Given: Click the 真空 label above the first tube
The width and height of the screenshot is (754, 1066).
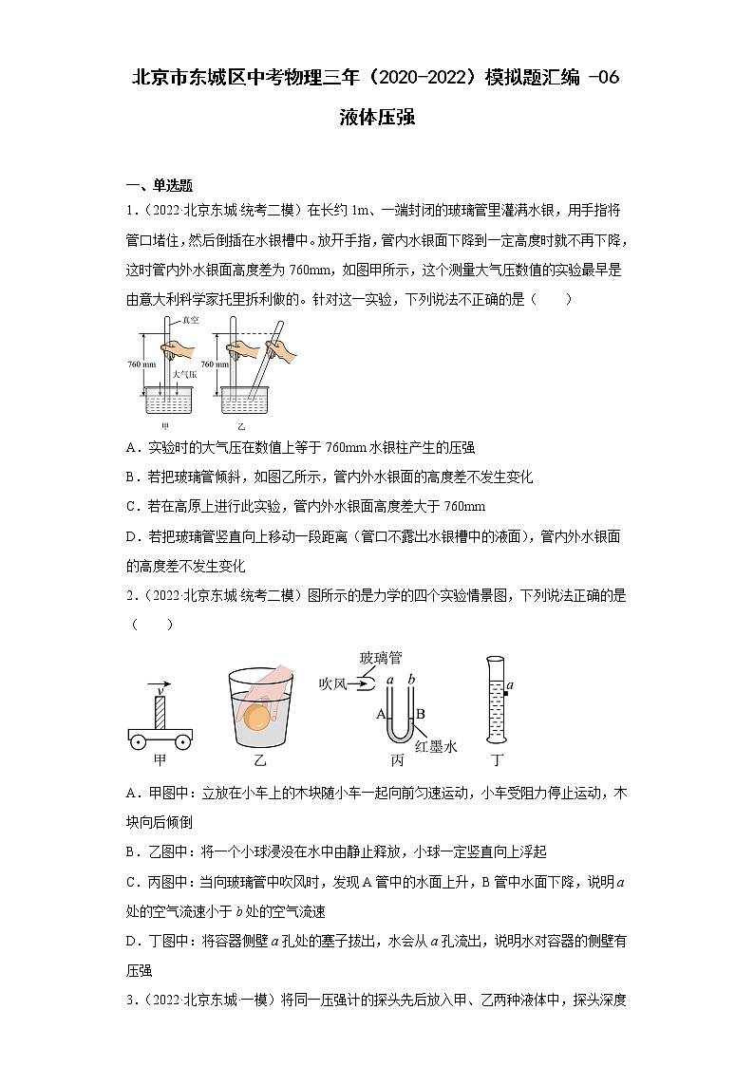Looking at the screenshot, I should pyautogui.click(x=190, y=321).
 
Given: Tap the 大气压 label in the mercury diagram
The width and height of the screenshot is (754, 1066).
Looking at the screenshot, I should pyautogui.click(x=183, y=375).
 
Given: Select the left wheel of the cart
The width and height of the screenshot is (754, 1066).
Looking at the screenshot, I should pyautogui.click(x=140, y=740).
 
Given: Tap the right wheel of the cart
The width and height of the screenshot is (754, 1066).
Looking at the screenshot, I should pyautogui.click(x=181, y=740).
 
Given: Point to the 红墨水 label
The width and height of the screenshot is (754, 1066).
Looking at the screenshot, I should pyautogui.click(x=437, y=747).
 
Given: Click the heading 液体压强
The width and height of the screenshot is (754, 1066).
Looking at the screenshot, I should pyautogui.click(x=377, y=119).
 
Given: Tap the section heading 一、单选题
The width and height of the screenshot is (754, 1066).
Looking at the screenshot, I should pyautogui.click(x=160, y=185).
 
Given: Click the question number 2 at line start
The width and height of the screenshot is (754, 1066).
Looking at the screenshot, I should pyautogui.click(x=130, y=596).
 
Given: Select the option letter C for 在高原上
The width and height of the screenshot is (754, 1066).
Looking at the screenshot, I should pyautogui.click(x=131, y=506).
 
